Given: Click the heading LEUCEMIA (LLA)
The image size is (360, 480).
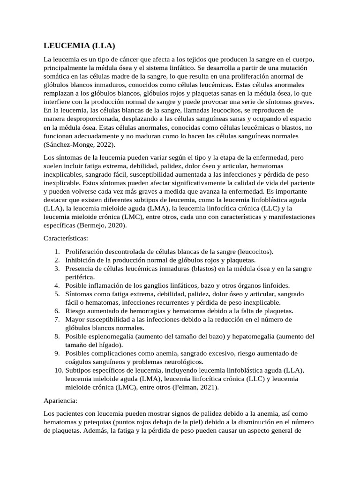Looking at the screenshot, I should point(79,45).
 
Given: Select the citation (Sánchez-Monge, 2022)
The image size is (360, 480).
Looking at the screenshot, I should point(79,144).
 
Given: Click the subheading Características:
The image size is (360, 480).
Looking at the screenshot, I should point(66,238).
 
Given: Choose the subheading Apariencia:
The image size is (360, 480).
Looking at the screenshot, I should point(60,401).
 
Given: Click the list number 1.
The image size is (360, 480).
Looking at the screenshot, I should point(57,251).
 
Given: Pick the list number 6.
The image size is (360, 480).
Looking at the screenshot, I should point(57,311).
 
